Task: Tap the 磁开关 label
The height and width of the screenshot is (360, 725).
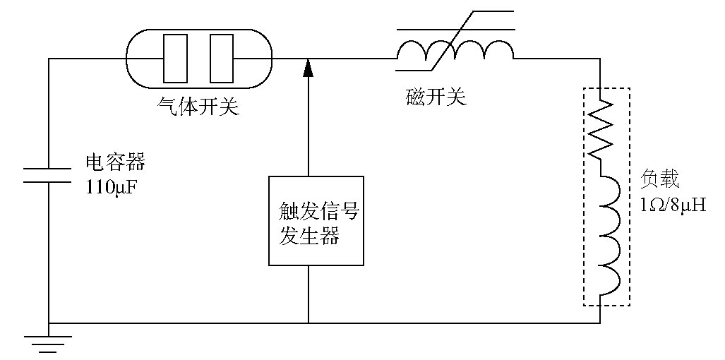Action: click(x=436, y=96)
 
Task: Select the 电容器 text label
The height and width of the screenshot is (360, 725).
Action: click(x=115, y=162)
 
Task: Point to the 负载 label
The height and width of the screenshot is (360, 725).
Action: click(x=660, y=179)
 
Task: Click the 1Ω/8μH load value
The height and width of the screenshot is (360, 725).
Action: click(x=673, y=205)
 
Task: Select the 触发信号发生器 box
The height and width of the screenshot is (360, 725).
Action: click(x=316, y=220)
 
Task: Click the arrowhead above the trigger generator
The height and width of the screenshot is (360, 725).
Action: click(x=308, y=67)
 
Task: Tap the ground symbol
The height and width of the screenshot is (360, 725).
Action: click(x=49, y=343)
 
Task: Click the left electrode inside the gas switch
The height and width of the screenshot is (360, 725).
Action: click(x=175, y=58)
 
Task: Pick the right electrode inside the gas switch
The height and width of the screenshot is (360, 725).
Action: click(x=222, y=58)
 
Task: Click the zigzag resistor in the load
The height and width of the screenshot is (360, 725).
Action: click(x=600, y=128)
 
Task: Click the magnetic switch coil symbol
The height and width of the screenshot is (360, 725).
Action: click(x=455, y=50)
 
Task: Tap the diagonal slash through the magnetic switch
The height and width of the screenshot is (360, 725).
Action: click(x=455, y=41)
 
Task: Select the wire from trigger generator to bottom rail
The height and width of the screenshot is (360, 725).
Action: click(x=308, y=294)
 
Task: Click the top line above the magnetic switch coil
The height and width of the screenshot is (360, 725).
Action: click(x=455, y=29)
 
